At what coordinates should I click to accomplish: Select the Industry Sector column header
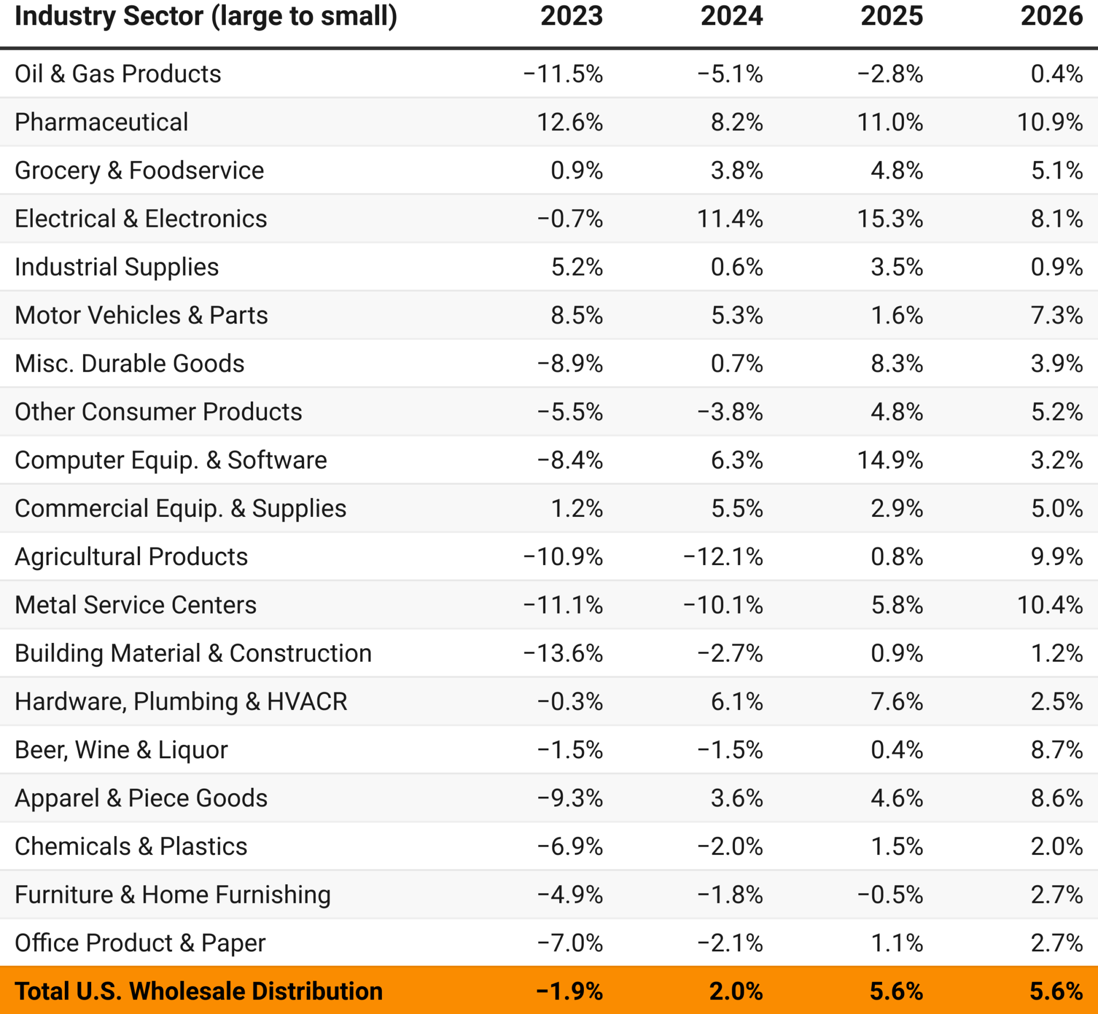point(206,16)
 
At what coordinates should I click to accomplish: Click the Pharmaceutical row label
point(101,122)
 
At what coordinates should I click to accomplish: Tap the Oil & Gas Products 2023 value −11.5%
point(563,74)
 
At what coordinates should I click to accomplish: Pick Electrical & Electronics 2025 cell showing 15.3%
point(890,219)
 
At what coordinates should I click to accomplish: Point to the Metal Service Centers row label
point(136,605)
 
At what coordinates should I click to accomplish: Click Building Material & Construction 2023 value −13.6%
point(563,653)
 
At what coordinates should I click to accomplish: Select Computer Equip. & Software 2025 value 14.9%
point(890,460)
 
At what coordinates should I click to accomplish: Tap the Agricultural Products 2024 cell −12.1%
point(723,557)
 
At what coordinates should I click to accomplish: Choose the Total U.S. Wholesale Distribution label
point(199,991)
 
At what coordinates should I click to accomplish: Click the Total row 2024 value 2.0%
point(736,991)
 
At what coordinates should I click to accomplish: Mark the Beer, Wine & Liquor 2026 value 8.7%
point(1056,750)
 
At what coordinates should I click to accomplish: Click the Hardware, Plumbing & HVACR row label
point(181,701)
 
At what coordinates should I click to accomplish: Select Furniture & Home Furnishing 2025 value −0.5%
point(890,894)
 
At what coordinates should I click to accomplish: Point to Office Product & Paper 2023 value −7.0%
point(569,943)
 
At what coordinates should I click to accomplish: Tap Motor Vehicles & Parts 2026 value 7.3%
point(1056,315)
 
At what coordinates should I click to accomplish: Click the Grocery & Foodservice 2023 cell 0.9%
point(577,171)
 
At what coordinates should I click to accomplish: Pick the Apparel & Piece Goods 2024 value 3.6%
point(737,798)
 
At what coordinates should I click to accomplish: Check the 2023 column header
point(571,16)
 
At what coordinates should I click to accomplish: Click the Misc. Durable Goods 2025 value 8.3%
point(896,364)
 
